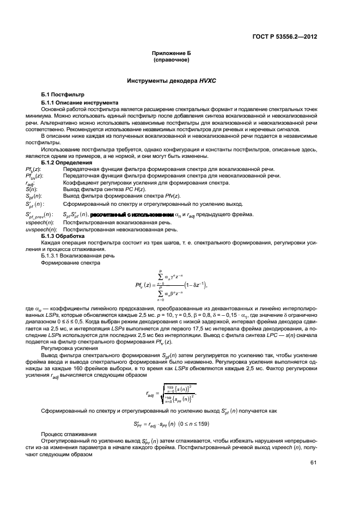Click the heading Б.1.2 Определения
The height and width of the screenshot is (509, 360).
69,163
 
